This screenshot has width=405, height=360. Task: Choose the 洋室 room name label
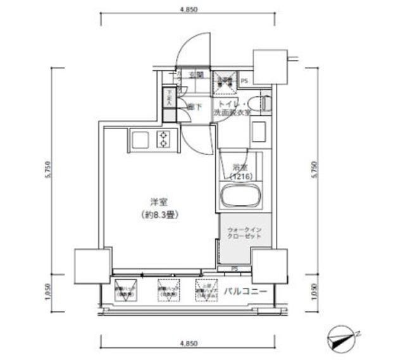[158, 202]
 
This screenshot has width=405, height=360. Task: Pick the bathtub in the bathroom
[240, 197]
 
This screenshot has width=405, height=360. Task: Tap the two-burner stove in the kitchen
[165, 139]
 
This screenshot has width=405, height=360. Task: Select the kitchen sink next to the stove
[139, 139]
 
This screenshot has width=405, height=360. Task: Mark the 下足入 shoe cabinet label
[169, 98]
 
